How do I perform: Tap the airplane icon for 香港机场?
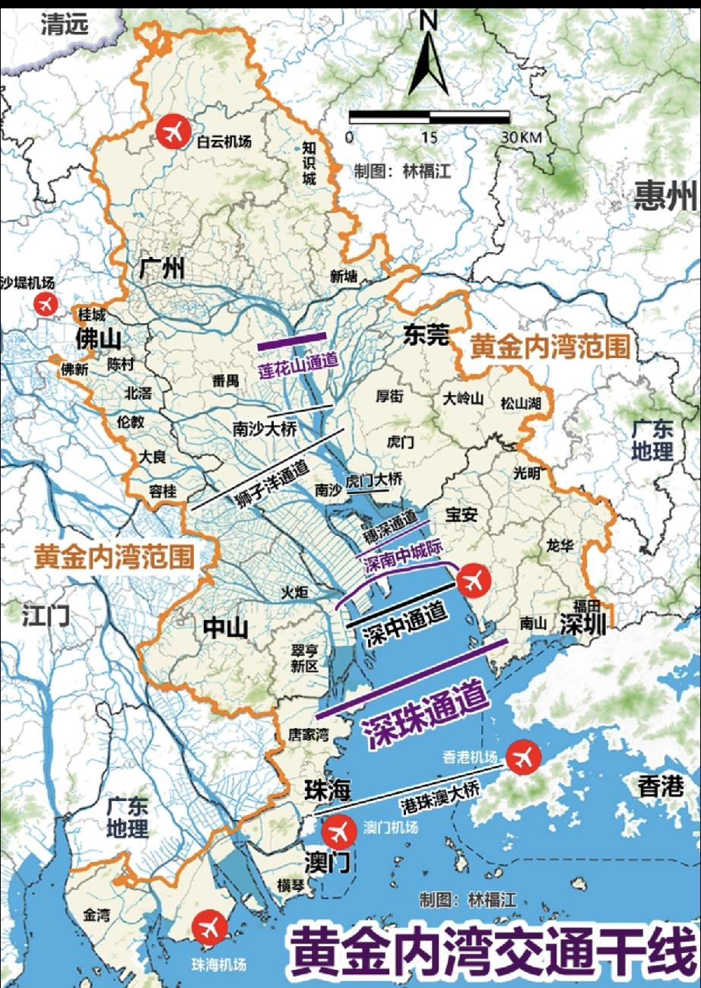(522, 756)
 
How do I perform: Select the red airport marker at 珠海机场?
(210, 927)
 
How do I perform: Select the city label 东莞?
(427, 335)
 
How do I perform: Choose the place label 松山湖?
(521, 403)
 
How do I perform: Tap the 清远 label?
(65, 24)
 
